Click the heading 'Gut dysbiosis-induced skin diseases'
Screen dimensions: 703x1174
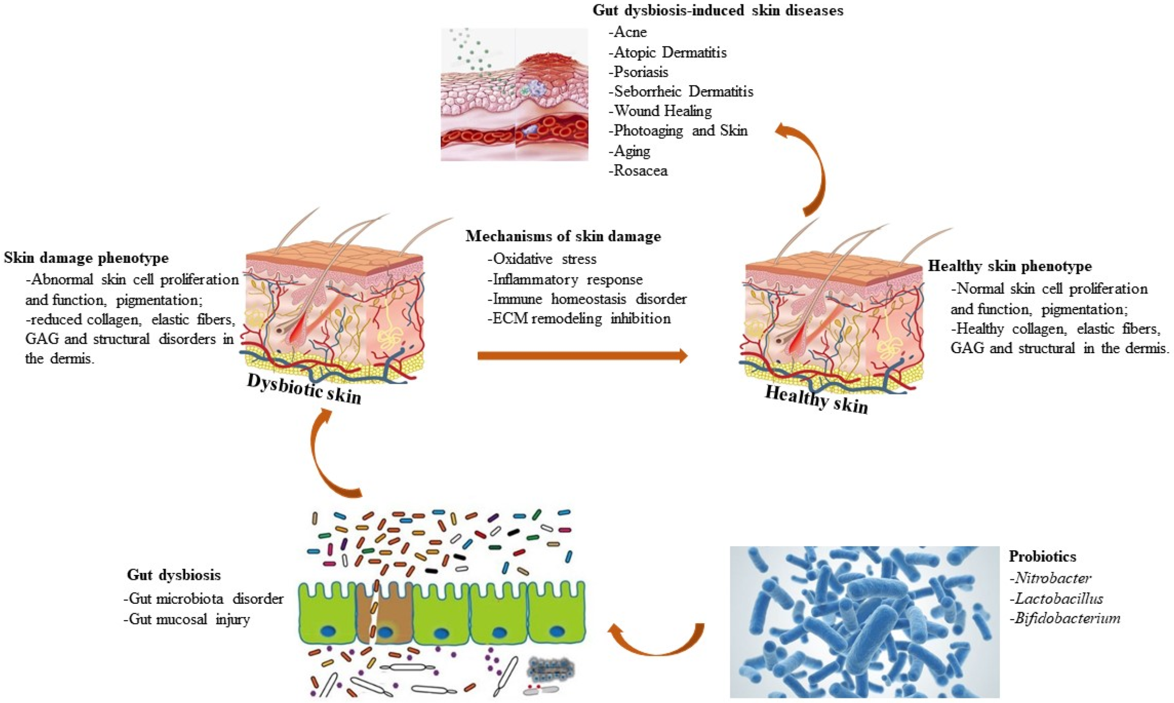tap(718, 10)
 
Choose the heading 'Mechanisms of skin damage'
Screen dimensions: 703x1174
tap(563, 236)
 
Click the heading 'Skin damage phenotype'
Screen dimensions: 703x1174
tap(86, 258)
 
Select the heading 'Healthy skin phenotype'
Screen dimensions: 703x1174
tap(1010, 266)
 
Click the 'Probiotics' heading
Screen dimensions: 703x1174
tap(1042, 556)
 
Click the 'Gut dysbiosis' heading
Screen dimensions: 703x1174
tap(174, 575)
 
